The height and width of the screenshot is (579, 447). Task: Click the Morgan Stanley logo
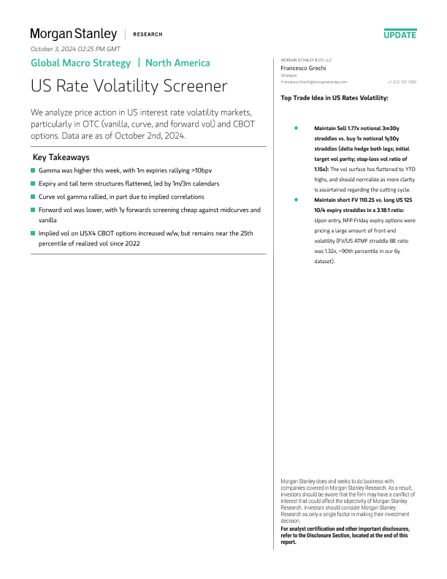pos(73,34)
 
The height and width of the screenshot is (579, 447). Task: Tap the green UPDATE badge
pos(400,34)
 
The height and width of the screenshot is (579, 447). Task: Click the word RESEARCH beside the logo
pos(148,34)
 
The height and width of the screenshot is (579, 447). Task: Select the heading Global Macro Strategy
pos(80,63)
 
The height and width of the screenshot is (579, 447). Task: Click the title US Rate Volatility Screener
pos(129,86)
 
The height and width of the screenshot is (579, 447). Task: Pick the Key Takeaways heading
pos(61,157)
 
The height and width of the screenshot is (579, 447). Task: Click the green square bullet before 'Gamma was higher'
pos(33,170)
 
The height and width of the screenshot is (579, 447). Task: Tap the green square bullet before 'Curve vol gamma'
pos(33,197)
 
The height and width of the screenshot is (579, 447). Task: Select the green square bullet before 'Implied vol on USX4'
pos(33,232)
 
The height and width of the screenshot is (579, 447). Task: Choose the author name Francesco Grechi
pos(304,68)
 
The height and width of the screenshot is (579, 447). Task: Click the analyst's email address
pos(314,82)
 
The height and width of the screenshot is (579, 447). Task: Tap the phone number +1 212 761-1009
pos(402,82)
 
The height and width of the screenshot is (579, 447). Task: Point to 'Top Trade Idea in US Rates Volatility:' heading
pos(335,97)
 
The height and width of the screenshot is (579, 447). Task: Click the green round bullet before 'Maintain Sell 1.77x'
pos(295,128)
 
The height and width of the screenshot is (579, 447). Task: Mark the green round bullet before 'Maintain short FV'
pos(295,199)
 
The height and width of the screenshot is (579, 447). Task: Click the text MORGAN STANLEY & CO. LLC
pos(307,60)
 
